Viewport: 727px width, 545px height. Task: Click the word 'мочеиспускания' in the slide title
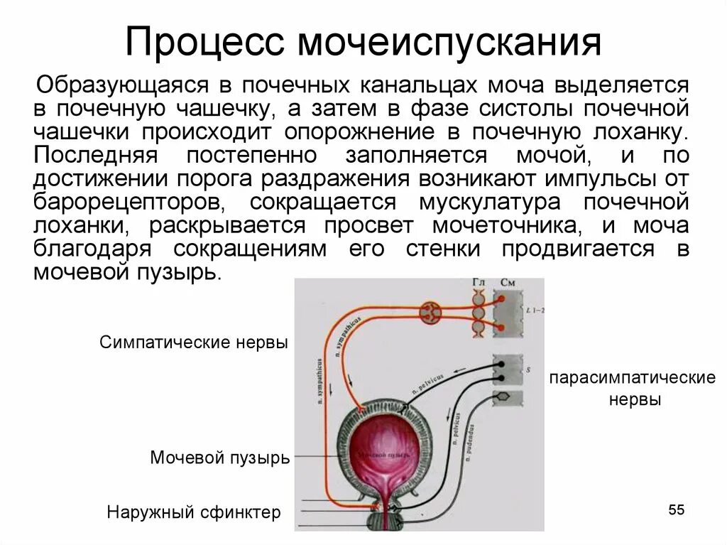tap(449, 42)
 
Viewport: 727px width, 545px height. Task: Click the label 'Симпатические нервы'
tap(194, 342)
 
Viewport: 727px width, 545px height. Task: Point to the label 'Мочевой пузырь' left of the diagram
tap(220, 458)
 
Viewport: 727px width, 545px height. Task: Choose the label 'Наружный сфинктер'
tap(194, 512)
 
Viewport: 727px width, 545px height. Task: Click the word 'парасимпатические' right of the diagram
tap(632, 377)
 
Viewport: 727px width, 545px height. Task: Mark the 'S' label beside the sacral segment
tap(528, 370)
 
